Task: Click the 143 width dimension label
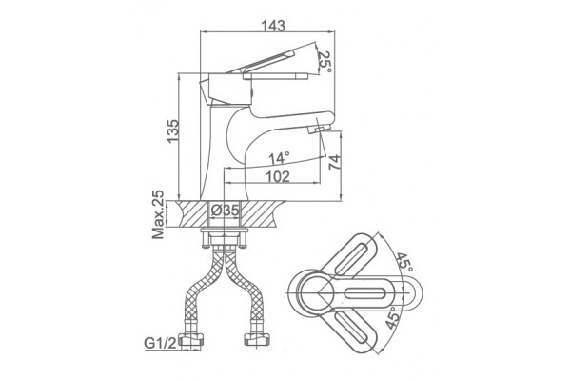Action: [273, 26]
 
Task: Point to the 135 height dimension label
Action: [173, 130]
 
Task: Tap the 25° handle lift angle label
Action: [325, 61]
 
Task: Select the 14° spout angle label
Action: [279, 158]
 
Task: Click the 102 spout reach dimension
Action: [278, 176]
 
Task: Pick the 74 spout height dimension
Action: [334, 162]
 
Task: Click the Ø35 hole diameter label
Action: [225, 211]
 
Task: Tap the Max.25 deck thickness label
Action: [158, 214]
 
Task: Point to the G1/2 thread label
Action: [160, 343]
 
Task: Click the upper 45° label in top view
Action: [404, 261]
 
